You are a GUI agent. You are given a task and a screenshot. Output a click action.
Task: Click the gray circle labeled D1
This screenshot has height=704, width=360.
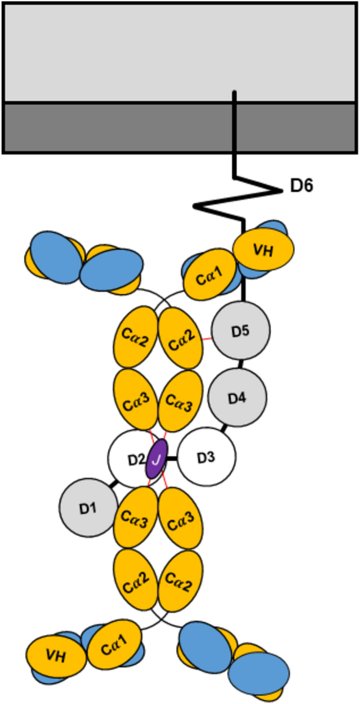tap(87, 509)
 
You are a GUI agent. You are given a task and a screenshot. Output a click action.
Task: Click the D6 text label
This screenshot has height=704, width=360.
tap(302, 185)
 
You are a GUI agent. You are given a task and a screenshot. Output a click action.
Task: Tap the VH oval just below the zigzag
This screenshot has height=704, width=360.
tap(262, 250)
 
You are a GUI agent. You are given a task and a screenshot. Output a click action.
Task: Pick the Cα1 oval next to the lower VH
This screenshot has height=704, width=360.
tap(114, 644)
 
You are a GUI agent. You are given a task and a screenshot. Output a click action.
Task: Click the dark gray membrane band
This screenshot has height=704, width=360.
tap(179, 128)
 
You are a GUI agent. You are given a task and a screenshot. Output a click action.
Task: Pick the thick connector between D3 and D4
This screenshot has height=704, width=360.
tap(224, 428)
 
